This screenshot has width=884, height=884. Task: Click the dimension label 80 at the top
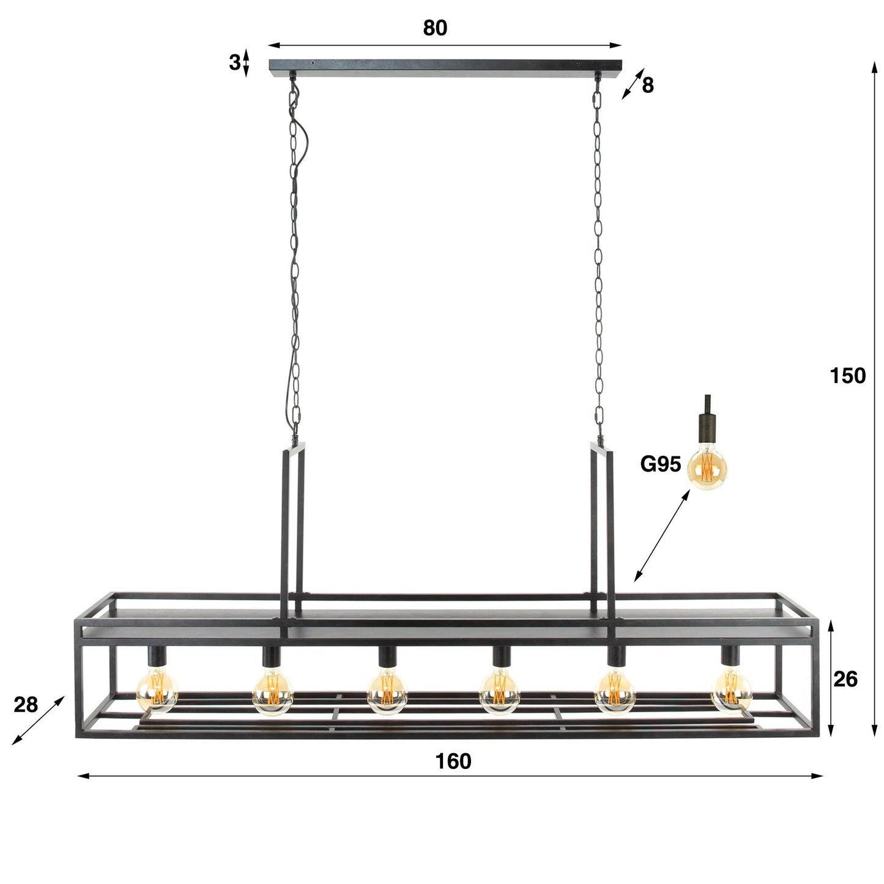(x=435, y=28)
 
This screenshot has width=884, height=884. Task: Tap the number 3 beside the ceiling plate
(x=234, y=62)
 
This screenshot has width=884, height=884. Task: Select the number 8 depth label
(x=648, y=86)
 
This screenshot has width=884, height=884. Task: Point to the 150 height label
(x=847, y=376)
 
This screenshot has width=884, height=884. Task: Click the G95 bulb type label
(x=660, y=465)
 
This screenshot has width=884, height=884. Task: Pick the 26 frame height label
(x=845, y=679)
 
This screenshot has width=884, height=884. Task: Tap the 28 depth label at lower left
(x=26, y=705)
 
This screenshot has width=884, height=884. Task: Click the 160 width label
(x=453, y=762)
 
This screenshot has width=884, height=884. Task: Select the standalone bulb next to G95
(x=708, y=468)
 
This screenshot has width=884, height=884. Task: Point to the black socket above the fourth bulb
(x=501, y=657)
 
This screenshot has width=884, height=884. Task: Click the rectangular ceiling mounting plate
(x=445, y=66)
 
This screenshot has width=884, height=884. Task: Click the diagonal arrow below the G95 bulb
(x=661, y=535)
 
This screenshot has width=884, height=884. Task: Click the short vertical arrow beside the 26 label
(x=830, y=679)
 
